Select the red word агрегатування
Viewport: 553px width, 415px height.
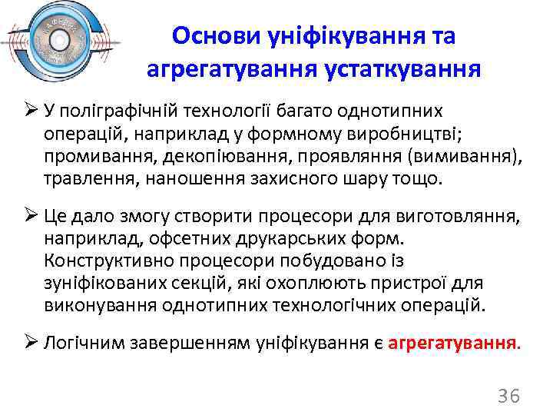[x=454, y=343]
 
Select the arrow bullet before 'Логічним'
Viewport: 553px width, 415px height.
[x=31, y=343]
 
